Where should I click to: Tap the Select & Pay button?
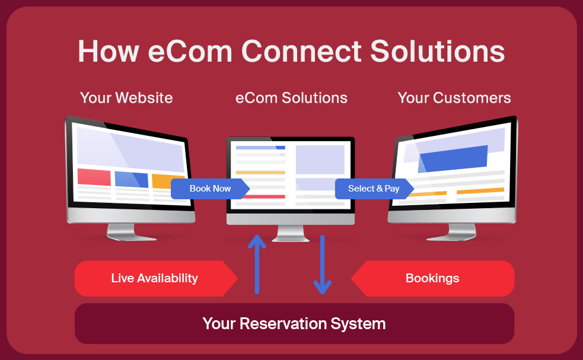coord(374,189)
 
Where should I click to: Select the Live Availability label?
coord(156,279)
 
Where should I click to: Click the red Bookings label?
coord(433,279)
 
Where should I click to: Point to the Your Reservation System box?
coord(295,324)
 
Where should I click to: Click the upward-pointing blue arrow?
coord(257,264)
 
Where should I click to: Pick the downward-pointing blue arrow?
coord(323,265)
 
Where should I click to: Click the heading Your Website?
coord(126,98)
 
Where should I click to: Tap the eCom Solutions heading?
coord(292,98)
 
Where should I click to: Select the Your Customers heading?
coord(454,98)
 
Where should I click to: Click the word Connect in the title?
coord(301,51)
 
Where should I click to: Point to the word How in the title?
coord(109,52)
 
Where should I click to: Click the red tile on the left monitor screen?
coord(94,177)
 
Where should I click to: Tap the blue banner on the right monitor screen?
coord(453,159)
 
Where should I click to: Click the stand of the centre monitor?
coord(291,233)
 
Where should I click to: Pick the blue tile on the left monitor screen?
coord(132,180)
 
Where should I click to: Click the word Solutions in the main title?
coord(438,51)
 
